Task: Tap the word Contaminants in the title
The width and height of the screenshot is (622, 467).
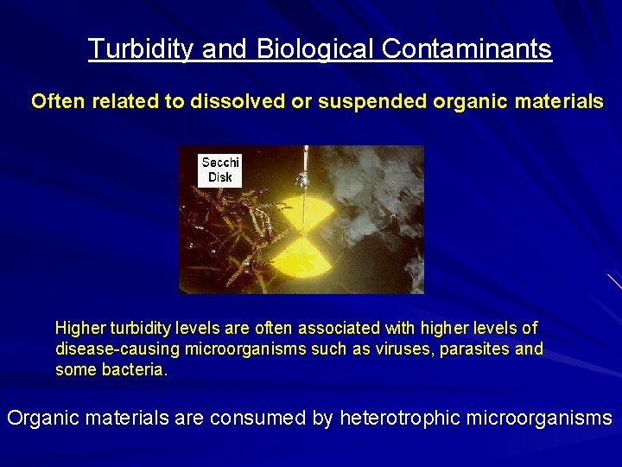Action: point(466,49)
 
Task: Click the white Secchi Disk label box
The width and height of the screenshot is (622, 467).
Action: point(219,170)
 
